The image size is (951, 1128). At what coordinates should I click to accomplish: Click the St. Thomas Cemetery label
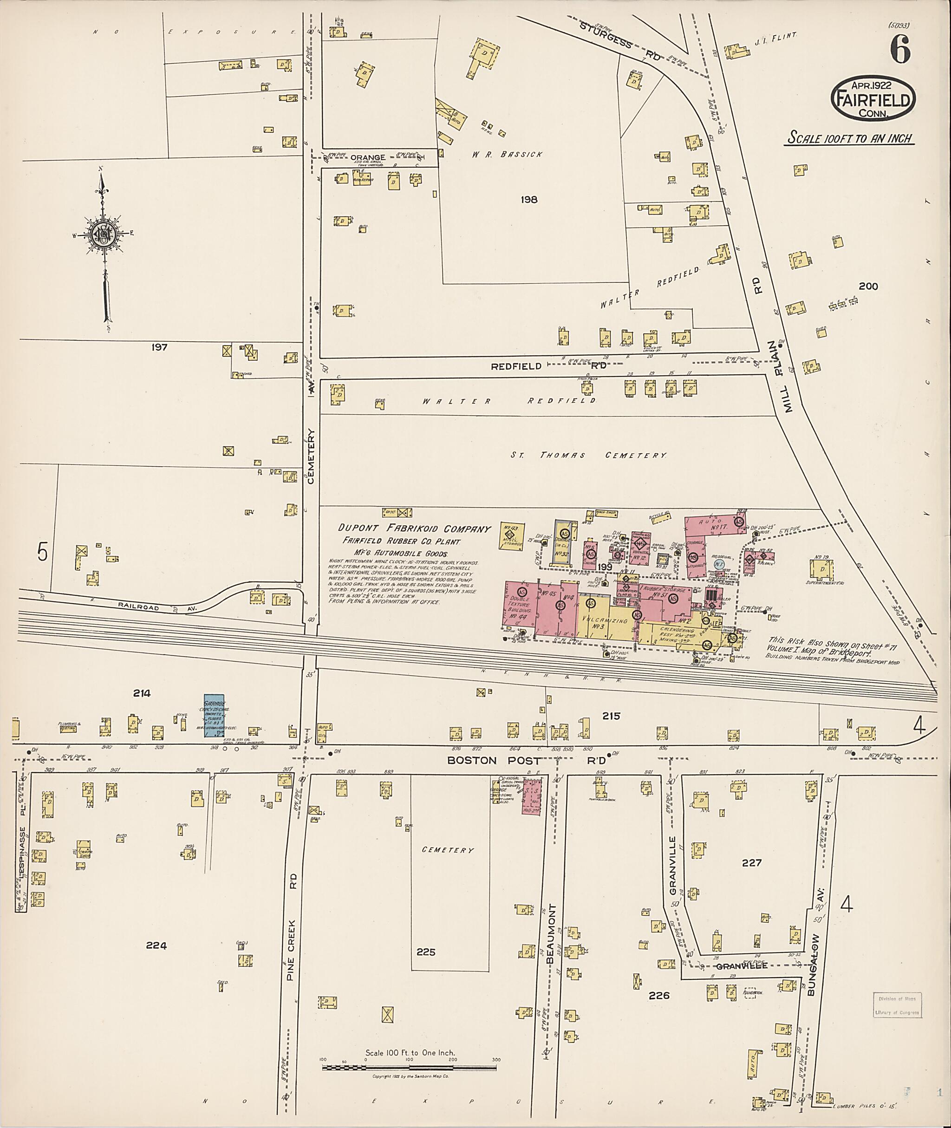pos(588,455)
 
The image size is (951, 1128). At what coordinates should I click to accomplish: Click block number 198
pos(529,200)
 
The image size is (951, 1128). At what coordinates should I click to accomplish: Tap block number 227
pos(751,863)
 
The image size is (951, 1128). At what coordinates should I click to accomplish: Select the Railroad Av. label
pos(158,607)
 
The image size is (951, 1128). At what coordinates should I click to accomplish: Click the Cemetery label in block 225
pos(448,850)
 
